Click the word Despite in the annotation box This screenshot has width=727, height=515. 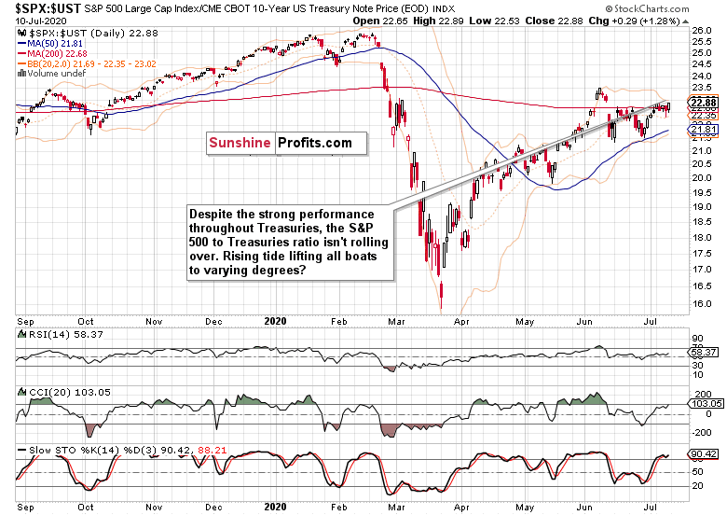[212, 214]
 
